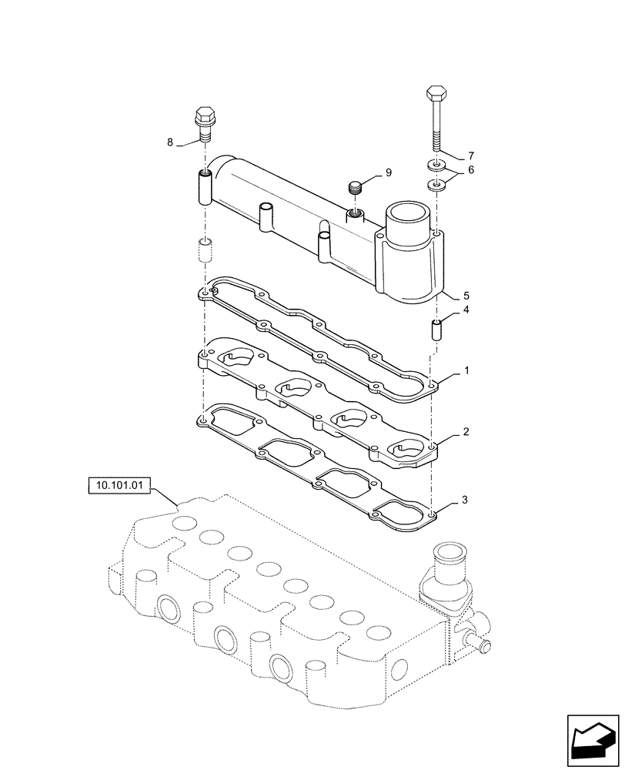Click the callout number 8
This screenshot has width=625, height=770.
click(170, 142)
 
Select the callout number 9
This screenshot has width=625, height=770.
click(389, 172)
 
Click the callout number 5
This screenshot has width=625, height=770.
click(466, 295)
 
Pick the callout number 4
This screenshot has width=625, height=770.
click(466, 311)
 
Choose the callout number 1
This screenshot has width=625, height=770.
click(466, 370)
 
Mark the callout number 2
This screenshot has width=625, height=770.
click(466, 434)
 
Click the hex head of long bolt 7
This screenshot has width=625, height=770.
click(436, 95)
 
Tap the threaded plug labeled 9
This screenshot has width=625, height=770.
click(354, 186)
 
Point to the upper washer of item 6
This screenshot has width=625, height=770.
click(436, 166)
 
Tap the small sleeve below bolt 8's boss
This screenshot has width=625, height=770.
click(205, 250)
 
